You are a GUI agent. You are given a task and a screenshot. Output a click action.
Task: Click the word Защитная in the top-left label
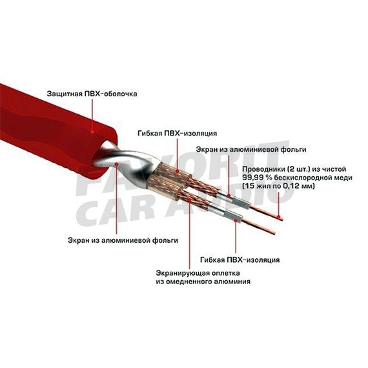point(63,94)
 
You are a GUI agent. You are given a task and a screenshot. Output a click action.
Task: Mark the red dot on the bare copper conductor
point(278,217)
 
